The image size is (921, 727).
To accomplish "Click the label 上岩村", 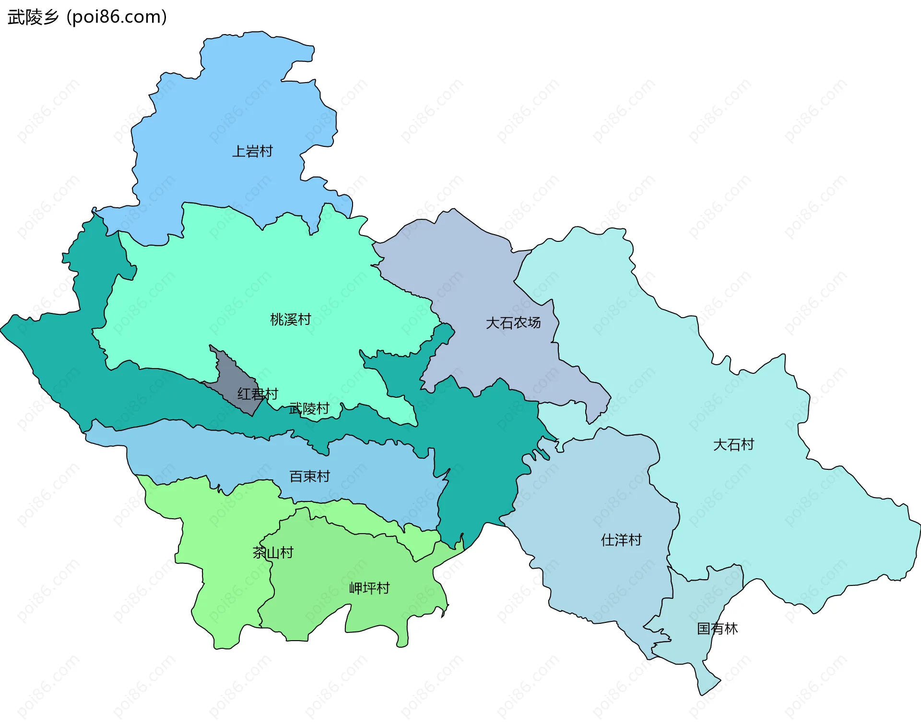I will tap(252, 152).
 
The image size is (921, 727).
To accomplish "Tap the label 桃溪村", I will tap(291, 320).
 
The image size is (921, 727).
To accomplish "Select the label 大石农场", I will tap(513, 323).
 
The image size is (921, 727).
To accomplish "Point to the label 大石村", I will tap(733, 445).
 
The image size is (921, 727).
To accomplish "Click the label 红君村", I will tap(258, 394).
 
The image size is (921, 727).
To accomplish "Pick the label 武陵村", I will tap(309, 409).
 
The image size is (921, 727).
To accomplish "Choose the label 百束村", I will tap(310, 477).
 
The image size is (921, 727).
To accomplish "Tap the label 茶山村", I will tap(273, 553).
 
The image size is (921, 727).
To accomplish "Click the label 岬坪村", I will tap(369, 588).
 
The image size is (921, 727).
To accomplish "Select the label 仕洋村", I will tap(621, 540).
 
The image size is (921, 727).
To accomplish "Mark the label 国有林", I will tap(717, 629).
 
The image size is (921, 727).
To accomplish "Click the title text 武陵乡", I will tap(33, 17).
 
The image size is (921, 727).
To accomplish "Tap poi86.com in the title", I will tap(117, 17).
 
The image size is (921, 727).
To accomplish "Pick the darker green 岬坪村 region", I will tap(336, 566).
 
